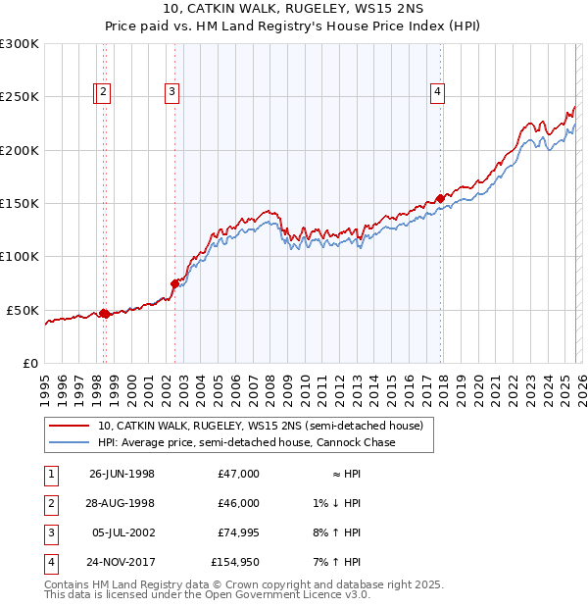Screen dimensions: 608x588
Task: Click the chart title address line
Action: pos(293,10)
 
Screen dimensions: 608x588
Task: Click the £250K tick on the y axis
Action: pos(20,97)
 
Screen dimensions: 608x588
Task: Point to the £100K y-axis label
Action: pos(20,256)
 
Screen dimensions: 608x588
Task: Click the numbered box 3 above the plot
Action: pos(171,93)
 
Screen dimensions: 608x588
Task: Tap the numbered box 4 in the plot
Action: pos(437,93)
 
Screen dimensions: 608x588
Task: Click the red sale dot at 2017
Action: pos(440,198)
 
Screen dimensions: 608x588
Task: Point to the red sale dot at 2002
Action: pos(174,283)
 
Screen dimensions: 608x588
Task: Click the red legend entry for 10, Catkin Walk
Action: pos(260,427)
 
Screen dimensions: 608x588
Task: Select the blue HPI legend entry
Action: pos(246,443)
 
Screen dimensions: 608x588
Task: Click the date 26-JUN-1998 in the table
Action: pos(122,474)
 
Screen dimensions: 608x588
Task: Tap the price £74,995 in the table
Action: pos(239,532)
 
